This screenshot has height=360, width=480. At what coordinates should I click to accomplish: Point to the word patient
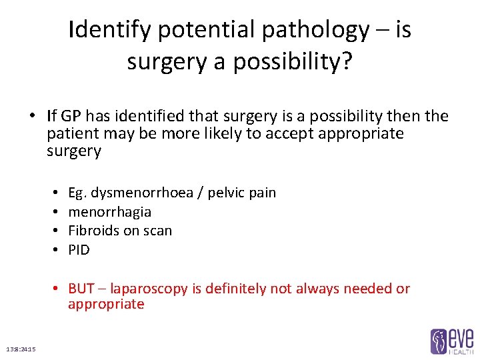point(69,133)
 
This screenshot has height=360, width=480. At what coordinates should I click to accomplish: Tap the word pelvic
point(226,193)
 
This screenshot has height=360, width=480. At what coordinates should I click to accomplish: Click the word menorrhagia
point(109,212)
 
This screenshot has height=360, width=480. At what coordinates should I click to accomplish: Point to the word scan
point(157,231)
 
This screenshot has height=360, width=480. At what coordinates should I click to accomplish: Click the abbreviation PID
point(79,250)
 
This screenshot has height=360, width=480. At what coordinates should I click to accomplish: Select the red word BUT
point(81,289)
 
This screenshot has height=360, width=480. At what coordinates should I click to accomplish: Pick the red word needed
point(369,289)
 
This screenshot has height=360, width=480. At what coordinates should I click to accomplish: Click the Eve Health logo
point(451,340)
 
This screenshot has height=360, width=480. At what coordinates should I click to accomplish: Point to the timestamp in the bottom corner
point(21,349)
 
